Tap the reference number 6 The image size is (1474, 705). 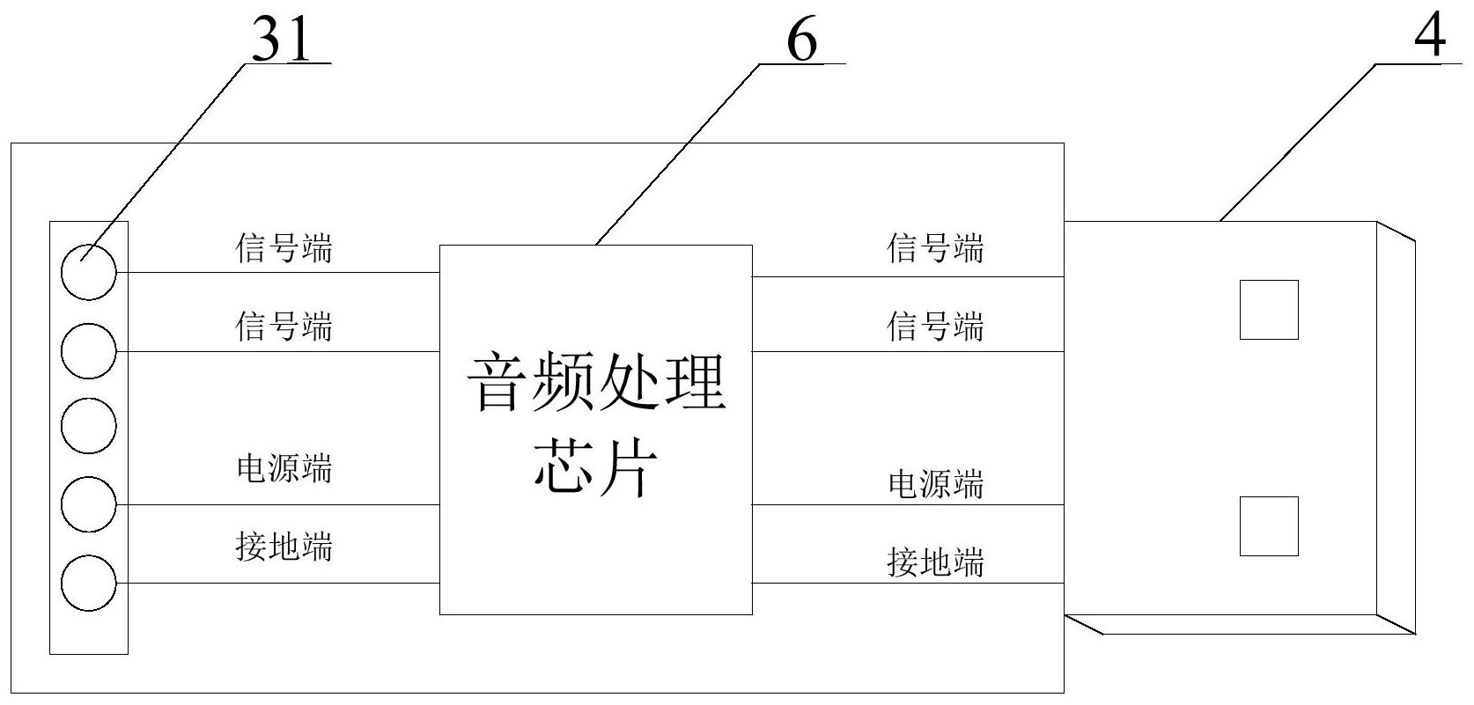(801, 40)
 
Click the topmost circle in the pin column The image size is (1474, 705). (89, 272)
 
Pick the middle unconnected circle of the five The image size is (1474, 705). (89, 425)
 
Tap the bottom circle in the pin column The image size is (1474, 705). (89, 583)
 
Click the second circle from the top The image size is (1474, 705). (89, 351)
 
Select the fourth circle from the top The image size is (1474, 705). (89, 504)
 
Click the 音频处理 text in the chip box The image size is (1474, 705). (596, 381)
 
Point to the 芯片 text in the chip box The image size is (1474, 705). (596, 466)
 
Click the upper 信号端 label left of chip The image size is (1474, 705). (284, 248)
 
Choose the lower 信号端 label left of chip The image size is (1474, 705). (284, 327)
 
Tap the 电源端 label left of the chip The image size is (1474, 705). (284, 468)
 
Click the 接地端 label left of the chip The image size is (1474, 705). (284, 547)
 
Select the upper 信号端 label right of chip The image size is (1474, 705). (935, 248)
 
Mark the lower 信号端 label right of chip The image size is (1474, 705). (935, 327)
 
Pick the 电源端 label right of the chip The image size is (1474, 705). (935, 484)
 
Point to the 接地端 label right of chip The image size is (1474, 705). (935, 562)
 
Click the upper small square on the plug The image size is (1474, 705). (1269, 310)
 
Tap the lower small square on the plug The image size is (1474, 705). (1269, 526)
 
